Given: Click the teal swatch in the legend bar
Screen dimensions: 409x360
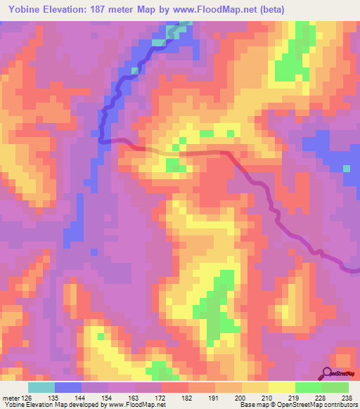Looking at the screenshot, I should click(x=41, y=387).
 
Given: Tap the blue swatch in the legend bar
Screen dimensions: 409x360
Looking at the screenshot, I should click(x=67, y=387).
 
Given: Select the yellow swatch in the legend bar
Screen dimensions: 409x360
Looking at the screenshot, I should click(x=281, y=387).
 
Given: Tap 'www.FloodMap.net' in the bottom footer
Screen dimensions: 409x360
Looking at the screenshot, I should click(x=136, y=405).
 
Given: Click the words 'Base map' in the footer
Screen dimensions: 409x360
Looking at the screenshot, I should click(x=252, y=405).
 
